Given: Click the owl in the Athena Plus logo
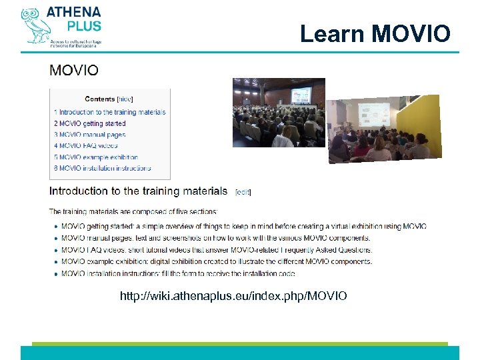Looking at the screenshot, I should click(33, 25).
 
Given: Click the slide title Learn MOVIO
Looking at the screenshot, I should click(375, 33).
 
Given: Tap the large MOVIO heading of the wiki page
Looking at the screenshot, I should click(74, 70).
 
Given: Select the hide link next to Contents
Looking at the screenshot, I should click(125, 99).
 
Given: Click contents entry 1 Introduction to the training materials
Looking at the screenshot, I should click(110, 112).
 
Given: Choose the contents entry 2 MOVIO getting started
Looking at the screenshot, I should click(90, 123).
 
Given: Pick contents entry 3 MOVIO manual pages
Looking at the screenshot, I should click(89, 135).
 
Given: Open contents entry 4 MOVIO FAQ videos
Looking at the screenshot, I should click(86, 145).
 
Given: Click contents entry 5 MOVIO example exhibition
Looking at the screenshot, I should click(96, 157).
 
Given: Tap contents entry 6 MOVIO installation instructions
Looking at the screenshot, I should click(103, 169).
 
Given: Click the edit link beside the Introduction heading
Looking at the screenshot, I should click(243, 192).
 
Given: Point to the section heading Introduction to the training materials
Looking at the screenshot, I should click(139, 191).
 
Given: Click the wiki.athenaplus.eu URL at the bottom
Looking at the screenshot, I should click(233, 295).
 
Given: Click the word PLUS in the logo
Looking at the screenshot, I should click(83, 26).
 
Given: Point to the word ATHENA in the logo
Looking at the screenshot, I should click(73, 13).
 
